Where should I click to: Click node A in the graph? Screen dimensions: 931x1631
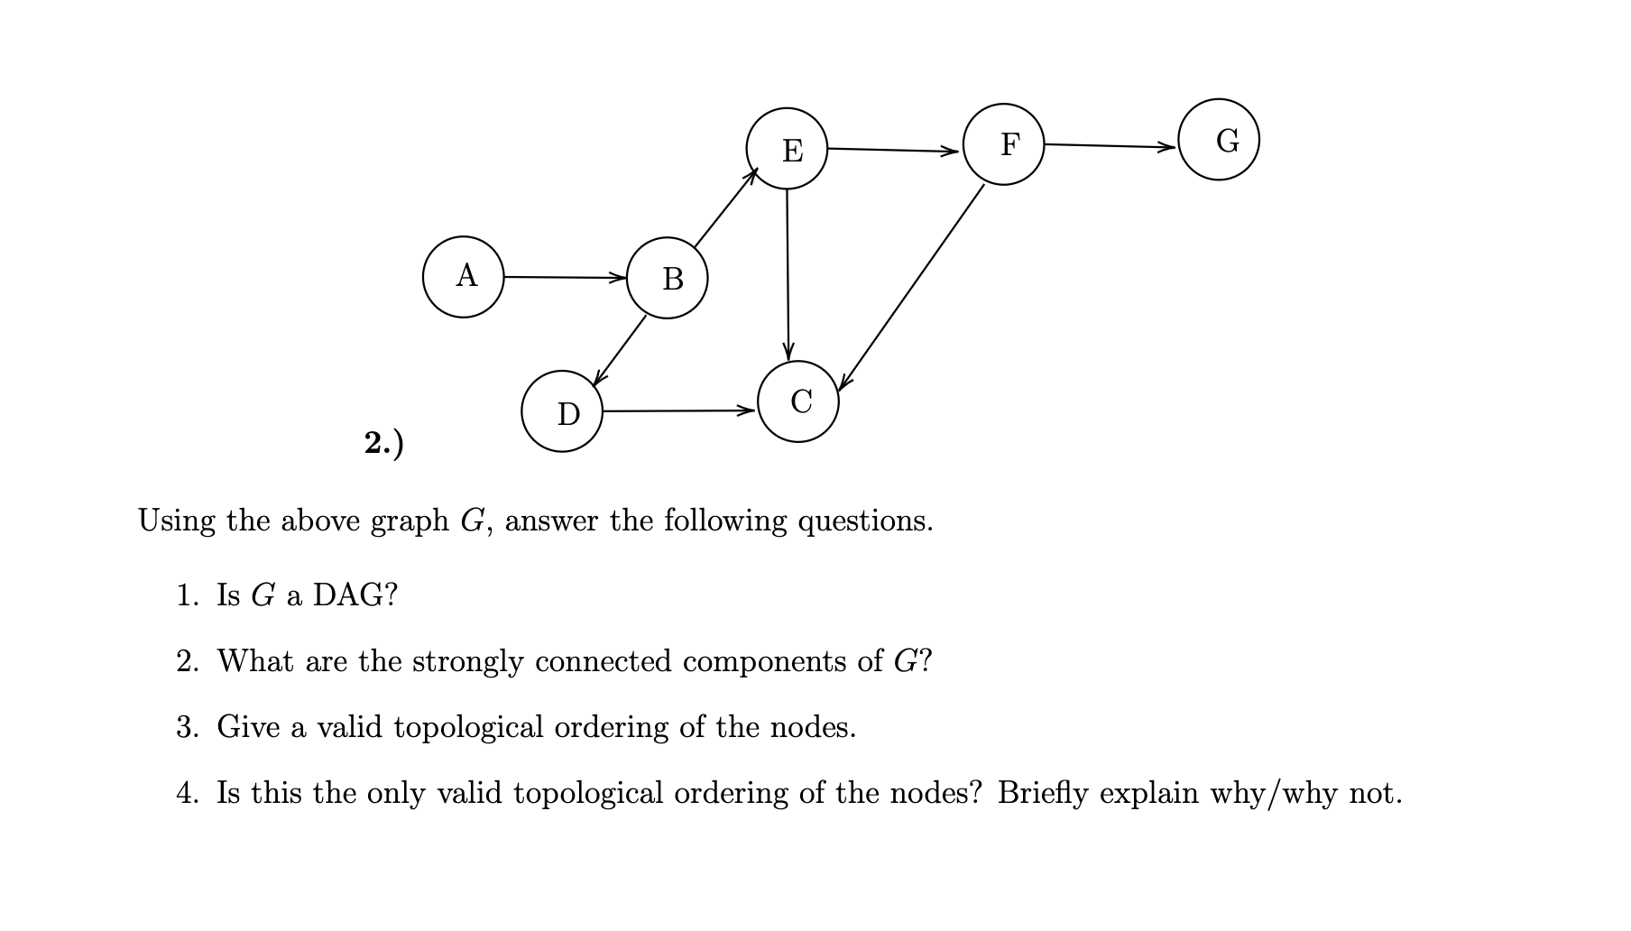pyautogui.click(x=464, y=277)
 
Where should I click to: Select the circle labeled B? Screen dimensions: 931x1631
pyautogui.click(x=668, y=278)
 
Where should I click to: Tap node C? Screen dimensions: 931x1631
pyautogui.click(x=798, y=401)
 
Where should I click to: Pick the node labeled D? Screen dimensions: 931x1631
pyautogui.click(x=562, y=411)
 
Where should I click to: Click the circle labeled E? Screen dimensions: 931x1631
pyautogui.click(x=787, y=149)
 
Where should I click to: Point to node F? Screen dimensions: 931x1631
pyautogui.click(x=1004, y=144)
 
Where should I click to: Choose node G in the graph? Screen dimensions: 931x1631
pyautogui.click(x=1219, y=140)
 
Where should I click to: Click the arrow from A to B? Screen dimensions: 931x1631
pyautogui.click(x=564, y=277)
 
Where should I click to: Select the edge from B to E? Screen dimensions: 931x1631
pyautogui.click(x=724, y=208)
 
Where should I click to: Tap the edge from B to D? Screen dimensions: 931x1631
pyautogui.click(x=620, y=351)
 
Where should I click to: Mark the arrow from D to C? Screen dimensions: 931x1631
pyautogui.click(x=678, y=410)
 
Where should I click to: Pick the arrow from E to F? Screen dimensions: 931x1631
pyautogui.click(x=893, y=150)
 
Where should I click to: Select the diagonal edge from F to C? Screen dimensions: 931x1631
pyautogui.click(x=911, y=288)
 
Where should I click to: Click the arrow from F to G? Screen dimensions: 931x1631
pyautogui.click(x=1110, y=145)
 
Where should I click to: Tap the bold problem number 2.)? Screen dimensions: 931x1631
pyautogui.click(x=384, y=443)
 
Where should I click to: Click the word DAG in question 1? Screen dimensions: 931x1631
pyautogui.click(x=354, y=595)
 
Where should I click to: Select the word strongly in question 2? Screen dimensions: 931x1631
pyautogui.click(x=467, y=662)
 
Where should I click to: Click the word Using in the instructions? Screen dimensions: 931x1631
pyautogui.click(x=177, y=521)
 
